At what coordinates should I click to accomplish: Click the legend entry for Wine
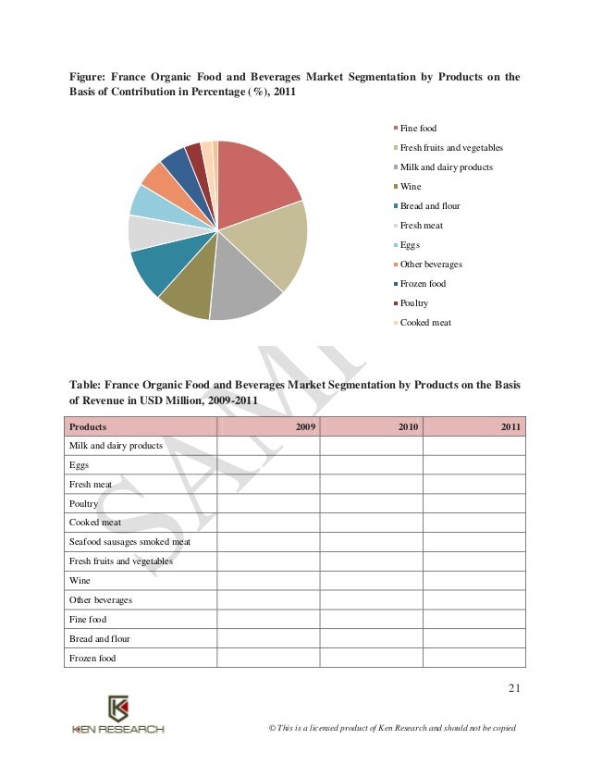pyautogui.click(x=410, y=187)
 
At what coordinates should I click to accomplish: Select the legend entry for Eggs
pyautogui.click(x=410, y=245)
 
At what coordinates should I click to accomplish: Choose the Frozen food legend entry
pyautogui.click(x=423, y=284)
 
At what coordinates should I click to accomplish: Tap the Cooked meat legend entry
pyautogui.click(x=424, y=323)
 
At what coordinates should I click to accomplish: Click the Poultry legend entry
pyautogui.click(x=413, y=303)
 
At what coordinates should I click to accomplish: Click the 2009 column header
pyautogui.click(x=305, y=426)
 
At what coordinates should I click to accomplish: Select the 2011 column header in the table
pyautogui.click(x=511, y=426)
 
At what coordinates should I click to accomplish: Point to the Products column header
pyautogui.click(x=88, y=426)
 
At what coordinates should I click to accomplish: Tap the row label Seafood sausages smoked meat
pyautogui.click(x=129, y=541)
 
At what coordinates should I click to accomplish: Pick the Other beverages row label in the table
pyautogui.click(x=101, y=599)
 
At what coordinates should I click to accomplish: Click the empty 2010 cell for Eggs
pyautogui.click(x=371, y=464)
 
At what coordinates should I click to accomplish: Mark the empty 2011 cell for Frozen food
pyautogui.click(x=473, y=658)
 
